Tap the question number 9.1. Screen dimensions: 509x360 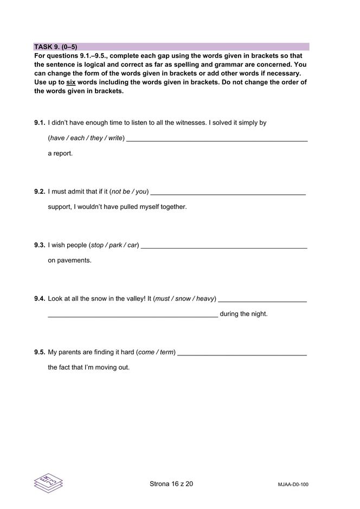point(40,123)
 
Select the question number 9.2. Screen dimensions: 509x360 point(40,192)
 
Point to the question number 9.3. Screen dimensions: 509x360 point(40,245)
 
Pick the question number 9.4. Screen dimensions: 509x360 point(40,298)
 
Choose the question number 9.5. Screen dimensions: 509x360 point(40,352)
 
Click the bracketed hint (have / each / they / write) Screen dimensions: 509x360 point(86,138)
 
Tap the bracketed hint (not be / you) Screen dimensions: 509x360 point(129,192)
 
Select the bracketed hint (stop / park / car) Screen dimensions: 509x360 point(115,245)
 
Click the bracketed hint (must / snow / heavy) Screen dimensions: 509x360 point(185,298)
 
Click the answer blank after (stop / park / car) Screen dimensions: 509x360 point(223,247)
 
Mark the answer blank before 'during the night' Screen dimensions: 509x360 point(133,315)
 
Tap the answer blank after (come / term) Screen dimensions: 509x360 point(242,354)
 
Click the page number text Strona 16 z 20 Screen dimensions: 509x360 point(171,484)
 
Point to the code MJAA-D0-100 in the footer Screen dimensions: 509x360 point(293,485)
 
